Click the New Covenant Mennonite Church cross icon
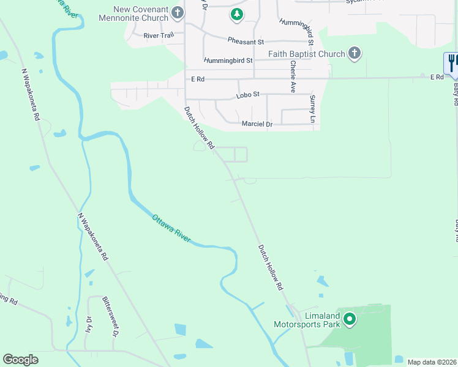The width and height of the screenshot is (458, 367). click(177, 12)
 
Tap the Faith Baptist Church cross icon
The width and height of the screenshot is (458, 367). click(354, 54)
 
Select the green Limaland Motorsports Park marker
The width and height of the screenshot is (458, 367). click(350, 319)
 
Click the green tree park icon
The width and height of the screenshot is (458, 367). click(236, 13)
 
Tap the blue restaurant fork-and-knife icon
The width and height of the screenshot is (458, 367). click(452, 63)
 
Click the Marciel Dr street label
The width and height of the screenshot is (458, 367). click(257, 124)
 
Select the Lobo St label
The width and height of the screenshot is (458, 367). click(249, 95)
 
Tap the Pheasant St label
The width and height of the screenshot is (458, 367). click(245, 42)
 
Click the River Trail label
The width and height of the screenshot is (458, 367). click(159, 36)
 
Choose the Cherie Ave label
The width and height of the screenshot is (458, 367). click(294, 76)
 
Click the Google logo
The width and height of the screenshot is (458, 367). click(21, 360)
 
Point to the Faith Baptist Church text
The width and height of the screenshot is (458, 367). click(307, 54)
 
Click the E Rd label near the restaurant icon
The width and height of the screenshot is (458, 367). click(436, 77)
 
